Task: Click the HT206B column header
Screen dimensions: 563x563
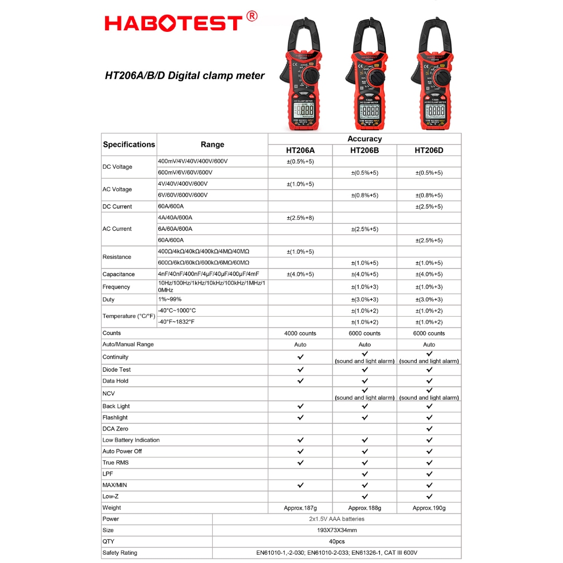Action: coord(365,150)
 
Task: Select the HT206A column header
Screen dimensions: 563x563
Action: coord(300,150)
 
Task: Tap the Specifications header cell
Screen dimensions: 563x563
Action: coord(129,145)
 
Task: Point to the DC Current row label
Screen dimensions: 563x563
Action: coord(117,207)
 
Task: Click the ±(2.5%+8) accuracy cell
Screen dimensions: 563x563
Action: coord(300,218)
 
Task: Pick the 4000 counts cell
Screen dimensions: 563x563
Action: coord(300,333)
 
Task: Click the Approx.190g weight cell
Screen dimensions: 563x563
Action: coord(429,508)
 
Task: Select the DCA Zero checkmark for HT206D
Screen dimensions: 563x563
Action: coord(429,429)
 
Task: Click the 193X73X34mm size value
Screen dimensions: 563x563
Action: coord(336,531)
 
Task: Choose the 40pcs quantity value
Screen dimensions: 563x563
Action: coord(336,542)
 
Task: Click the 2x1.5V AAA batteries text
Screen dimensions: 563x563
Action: coord(336,519)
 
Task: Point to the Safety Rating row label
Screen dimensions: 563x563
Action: coord(120,553)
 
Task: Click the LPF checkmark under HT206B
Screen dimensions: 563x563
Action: coord(365,474)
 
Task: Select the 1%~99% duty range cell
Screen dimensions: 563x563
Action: coord(169,300)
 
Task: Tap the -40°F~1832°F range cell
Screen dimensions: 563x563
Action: coord(176,322)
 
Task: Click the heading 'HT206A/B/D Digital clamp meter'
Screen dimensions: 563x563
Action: coord(185,76)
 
